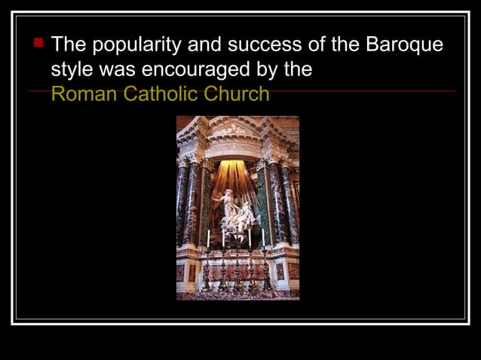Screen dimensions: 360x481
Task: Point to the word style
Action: [71, 70]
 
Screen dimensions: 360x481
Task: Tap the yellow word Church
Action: [238, 94]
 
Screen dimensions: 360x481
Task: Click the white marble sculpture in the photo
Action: [236, 214]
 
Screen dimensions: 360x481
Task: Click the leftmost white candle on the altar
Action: [208, 238]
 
